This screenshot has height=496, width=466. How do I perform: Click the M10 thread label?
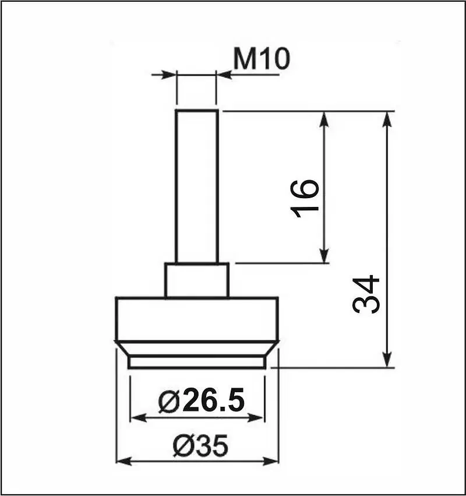(261, 58)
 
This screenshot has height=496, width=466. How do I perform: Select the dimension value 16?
(304, 199)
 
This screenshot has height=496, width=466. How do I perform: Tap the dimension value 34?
(366, 294)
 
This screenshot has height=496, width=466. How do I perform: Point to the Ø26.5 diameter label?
(202, 401)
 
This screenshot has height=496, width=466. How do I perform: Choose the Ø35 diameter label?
(200, 445)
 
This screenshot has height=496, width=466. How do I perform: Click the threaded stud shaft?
(197, 187)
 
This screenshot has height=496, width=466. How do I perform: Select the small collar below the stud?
(197, 280)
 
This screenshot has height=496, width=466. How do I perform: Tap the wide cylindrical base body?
(197, 319)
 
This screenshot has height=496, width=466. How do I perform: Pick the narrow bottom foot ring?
(197, 363)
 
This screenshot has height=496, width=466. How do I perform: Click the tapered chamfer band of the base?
(197, 349)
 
